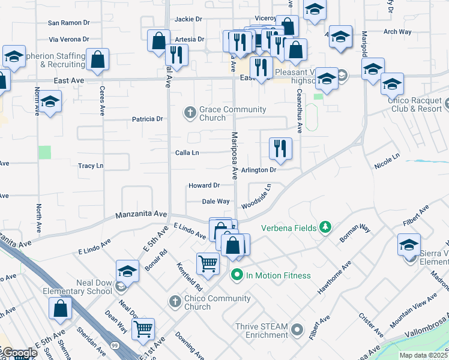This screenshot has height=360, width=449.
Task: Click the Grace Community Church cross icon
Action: coord(190,113)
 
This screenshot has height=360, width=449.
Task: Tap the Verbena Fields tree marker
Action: coord(325,227)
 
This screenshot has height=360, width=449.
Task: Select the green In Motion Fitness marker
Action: coord(237,275)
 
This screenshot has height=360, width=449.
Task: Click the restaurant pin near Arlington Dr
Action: coord(280,149)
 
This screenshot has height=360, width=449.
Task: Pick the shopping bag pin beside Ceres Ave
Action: coord(97,59)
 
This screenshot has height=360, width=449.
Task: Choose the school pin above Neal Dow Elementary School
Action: coord(127,271)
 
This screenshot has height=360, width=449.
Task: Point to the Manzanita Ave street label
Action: coord(142,214)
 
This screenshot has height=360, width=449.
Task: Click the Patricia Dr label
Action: coord(148,119)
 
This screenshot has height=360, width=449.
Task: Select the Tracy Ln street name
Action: coord(91,166)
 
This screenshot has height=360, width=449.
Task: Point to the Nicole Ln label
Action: coord(387,161)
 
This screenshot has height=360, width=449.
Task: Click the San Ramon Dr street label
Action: coord(68,23)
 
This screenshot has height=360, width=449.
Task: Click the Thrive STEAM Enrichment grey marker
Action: coord(297,329)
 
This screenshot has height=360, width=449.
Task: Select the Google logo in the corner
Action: coord(19,353)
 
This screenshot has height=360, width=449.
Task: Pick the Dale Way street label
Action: coord(216,202)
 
